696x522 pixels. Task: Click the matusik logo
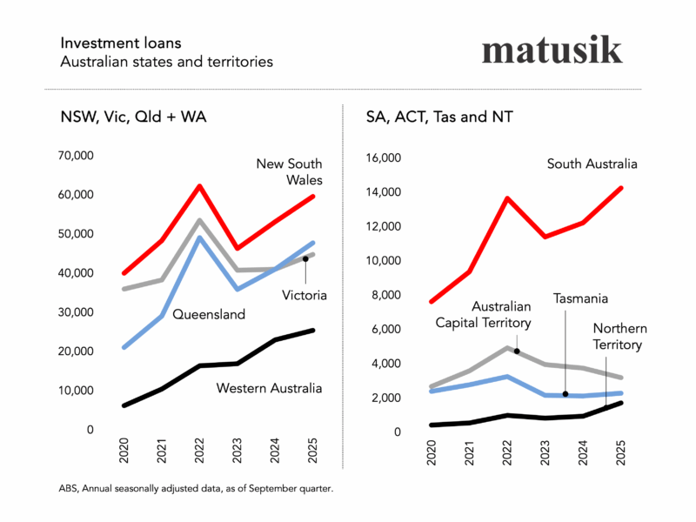(x=552, y=50)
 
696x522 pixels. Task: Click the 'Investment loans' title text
(x=110, y=43)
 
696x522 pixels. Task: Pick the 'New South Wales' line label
(x=289, y=171)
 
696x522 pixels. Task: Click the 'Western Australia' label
(x=269, y=388)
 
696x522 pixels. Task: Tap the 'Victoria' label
(x=304, y=295)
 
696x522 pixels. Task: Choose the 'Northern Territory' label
(x=617, y=336)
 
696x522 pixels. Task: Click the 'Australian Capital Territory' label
(x=501, y=314)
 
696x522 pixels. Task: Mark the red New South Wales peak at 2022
(x=200, y=185)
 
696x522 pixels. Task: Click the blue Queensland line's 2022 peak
(x=200, y=238)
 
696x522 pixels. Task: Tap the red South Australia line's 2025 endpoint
(x=621, y=187)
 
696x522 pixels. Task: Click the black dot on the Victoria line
(x=305, y=258)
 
